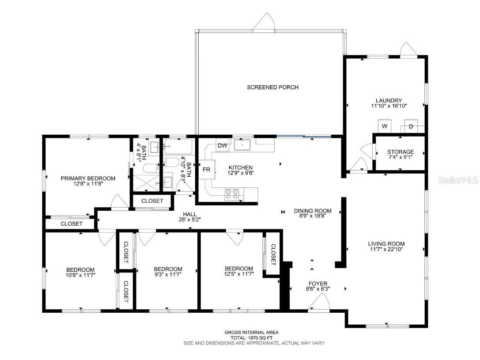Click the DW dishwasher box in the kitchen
point(222,145)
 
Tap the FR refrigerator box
point(206,170)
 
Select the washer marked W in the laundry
point(385,126)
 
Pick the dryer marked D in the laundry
point(411,126)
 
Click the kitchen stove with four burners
point(232,193)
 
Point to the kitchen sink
point(242,144)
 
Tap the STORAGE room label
point(401,152)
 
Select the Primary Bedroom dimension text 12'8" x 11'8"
point(88,185)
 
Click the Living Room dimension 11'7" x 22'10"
point(386,249)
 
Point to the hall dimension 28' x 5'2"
point(187,220)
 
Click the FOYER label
point(318,283)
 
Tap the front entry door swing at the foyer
point(319,303)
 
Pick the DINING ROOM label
point(313,211)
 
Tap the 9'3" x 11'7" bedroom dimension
point(168,275)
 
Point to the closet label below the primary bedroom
point(72,224)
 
